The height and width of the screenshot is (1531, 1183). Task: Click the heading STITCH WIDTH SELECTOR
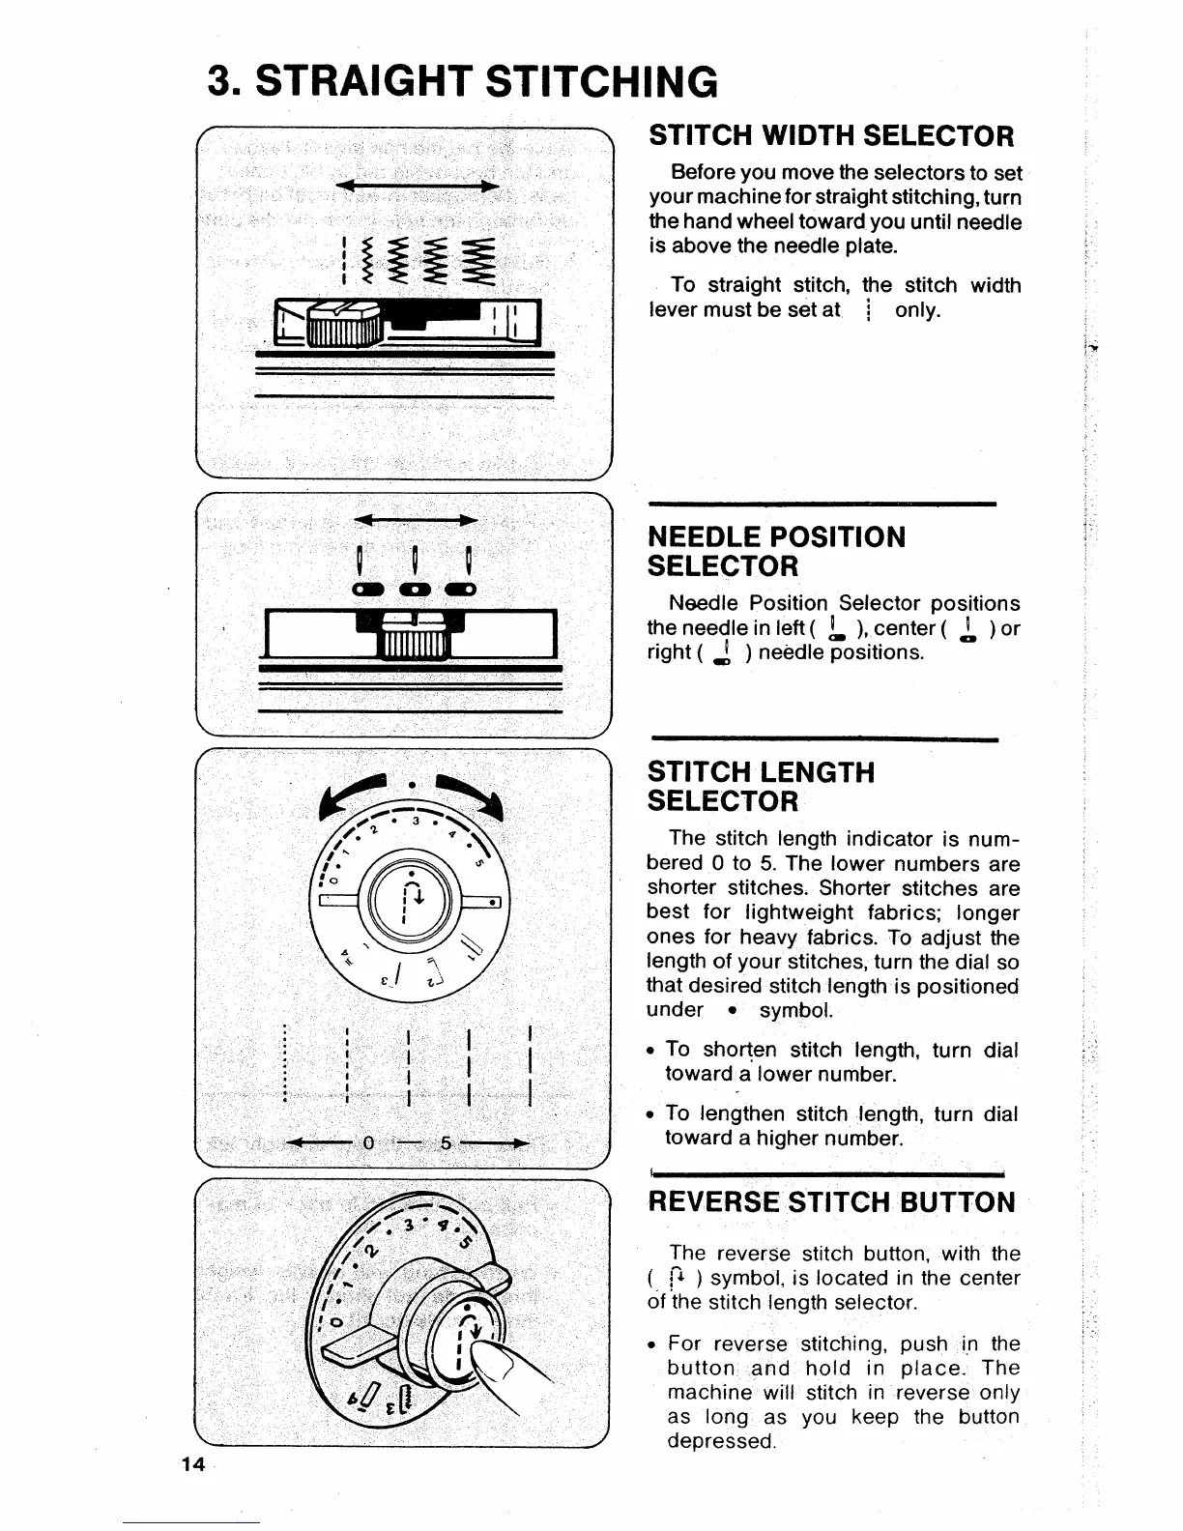pyautogui.click(x=831, y=135)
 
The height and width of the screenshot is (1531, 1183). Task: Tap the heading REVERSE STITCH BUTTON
pyautogui.click(x=831, y=1202)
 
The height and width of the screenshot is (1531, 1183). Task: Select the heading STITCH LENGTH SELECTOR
pyautogui.click(x=761, y=786)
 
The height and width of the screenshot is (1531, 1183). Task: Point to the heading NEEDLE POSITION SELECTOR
pyautogui.click(x=776, y=551)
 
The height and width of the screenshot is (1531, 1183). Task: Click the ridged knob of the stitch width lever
pyautogui.click(x=345, y=326)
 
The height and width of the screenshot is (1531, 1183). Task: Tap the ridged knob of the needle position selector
pyautogui.click(x=414, y=638)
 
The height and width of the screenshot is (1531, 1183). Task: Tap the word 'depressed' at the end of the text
pyautogui.click(x=721, y=1441)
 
